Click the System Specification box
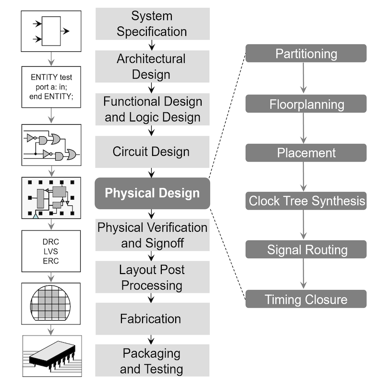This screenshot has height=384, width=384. pos(152,24)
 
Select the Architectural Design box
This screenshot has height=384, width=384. pos(152,67)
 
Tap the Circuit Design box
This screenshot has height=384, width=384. pos(152,152)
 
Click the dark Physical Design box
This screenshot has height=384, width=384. pos(152,193)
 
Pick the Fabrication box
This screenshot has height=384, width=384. pos(152,319)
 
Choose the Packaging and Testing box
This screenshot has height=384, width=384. pos(152,361)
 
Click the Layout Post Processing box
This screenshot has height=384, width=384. pos(152,277)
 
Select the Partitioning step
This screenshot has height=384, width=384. pos(306,53)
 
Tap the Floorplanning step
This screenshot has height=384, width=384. pos(306,104)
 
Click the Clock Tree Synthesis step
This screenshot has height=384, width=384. pos(306,201)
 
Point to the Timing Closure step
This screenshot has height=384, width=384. pos(306,300)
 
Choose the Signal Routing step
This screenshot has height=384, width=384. pos(306,250)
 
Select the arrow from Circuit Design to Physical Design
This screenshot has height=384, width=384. pos(152,172)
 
